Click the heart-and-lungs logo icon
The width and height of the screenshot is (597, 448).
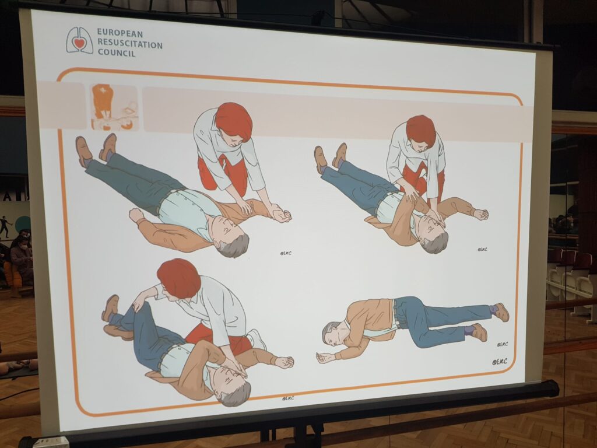79,40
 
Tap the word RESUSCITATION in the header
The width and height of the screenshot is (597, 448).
129,43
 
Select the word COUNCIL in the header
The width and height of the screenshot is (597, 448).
116,54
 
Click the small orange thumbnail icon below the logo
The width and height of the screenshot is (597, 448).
114,107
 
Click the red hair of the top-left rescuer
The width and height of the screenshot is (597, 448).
234,120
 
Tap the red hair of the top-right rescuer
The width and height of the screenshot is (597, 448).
420,129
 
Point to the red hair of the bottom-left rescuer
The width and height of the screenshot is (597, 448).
178,278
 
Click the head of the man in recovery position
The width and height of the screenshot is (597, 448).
331,333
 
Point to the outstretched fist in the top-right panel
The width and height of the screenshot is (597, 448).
480,214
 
